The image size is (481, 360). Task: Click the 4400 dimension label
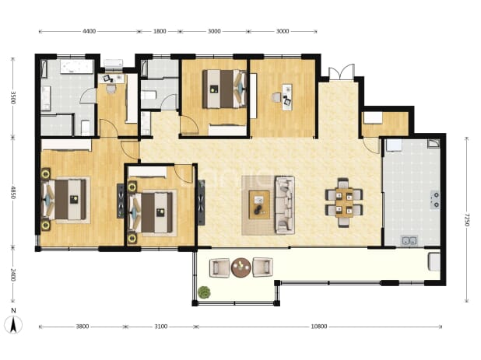tap(90, 31)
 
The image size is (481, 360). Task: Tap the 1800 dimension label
tap(160, 31)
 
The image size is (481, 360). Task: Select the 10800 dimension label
tap(319, 327)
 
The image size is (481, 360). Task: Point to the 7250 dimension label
tap(466, 219)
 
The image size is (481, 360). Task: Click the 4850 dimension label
tap(13, 192)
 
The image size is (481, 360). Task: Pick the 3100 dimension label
tap(161, 327)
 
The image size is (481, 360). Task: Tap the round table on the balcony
tap(241, 267)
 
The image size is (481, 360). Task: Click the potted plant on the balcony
tap(204, 292)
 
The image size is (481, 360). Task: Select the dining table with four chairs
tap(344, 202)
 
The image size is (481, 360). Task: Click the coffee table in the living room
tap(259, 204)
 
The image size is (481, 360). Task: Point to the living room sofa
tap(285, 205)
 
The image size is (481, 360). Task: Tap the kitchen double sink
tap(409, 240)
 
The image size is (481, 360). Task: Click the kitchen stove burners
tap(435, 200)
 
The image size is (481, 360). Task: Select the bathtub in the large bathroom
tap(77, 67)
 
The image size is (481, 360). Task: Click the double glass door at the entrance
tap(342, 72)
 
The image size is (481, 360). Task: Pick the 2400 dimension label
tap(13, 274)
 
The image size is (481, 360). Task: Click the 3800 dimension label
tap(83, 327)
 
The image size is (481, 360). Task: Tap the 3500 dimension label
tap(13, 97)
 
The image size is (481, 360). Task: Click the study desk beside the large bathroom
tap(111, 79)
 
